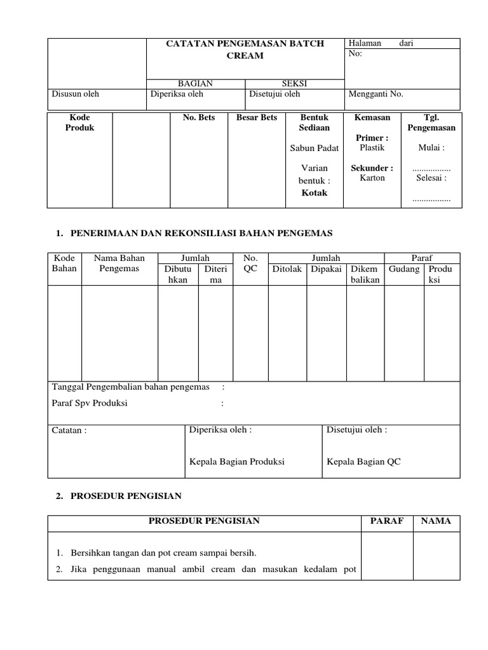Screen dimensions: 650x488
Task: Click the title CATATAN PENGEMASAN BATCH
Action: pyautogui.click(x=245, y=43)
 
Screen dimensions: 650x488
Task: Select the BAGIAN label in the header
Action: pyautogui.click(x=195, y=84)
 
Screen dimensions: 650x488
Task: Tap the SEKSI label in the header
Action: pyautogui.click(x=294, y=84)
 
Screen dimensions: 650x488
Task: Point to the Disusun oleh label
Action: pyautogui.click(x=75, y=94)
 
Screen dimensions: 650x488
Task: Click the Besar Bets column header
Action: pyautogui.click(x=257, y=117)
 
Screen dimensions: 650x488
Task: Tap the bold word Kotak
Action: pyautogui.click(x=314, y=192)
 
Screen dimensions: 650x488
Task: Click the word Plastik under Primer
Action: pyautogui.click(x=372, y=147)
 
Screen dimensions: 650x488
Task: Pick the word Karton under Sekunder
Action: pyautogui.click(x=372, y=178)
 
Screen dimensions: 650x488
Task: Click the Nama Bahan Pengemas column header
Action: pyautogui.click(x=119, y=263)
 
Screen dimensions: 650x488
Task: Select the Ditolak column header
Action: pyautogui.click(x=287, y=269)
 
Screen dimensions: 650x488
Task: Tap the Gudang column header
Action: pyautogui.click(x=404, y=269)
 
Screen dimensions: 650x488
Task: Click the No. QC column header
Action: pyautogui.click(x=251, y=263)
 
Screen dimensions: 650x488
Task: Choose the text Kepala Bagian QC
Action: pyautogui.click(x=363, y=461)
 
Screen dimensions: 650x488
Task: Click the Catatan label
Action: pyautogui.click(x=69, y=430)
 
